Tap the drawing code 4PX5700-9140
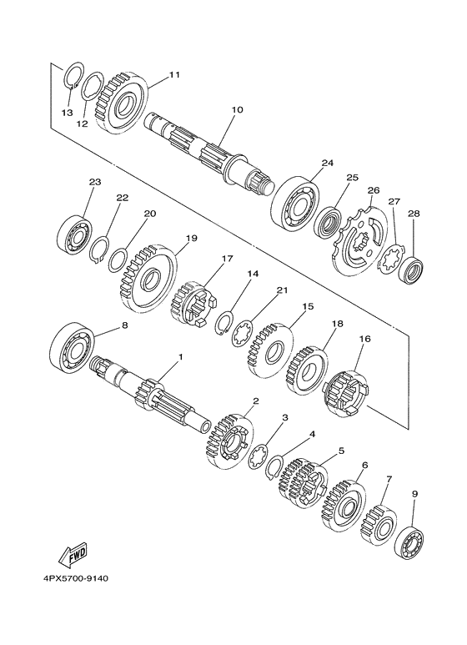point(76,578)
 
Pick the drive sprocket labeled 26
point(359,241)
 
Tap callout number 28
point(414,214)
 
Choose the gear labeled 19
point(146,277)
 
